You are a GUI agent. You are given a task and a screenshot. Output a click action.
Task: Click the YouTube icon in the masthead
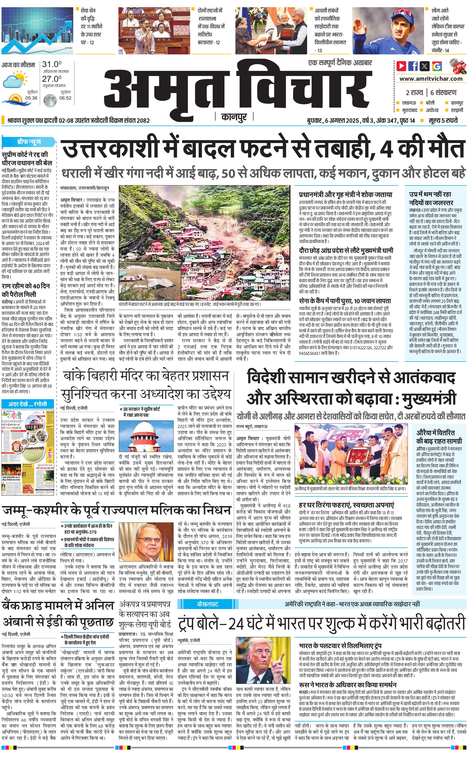point(401,66)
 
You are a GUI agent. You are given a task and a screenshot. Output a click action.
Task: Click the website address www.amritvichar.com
point(431,79)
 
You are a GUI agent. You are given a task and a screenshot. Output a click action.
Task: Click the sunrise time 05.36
point(31,98)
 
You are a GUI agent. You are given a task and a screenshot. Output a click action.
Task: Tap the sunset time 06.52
point(65,98)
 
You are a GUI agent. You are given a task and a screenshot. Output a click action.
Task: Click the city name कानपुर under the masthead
point(234,117)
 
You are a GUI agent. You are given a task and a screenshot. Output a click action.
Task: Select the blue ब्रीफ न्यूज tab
point(29,142)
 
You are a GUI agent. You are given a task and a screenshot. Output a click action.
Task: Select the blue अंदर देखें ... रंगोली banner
point(28,404)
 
